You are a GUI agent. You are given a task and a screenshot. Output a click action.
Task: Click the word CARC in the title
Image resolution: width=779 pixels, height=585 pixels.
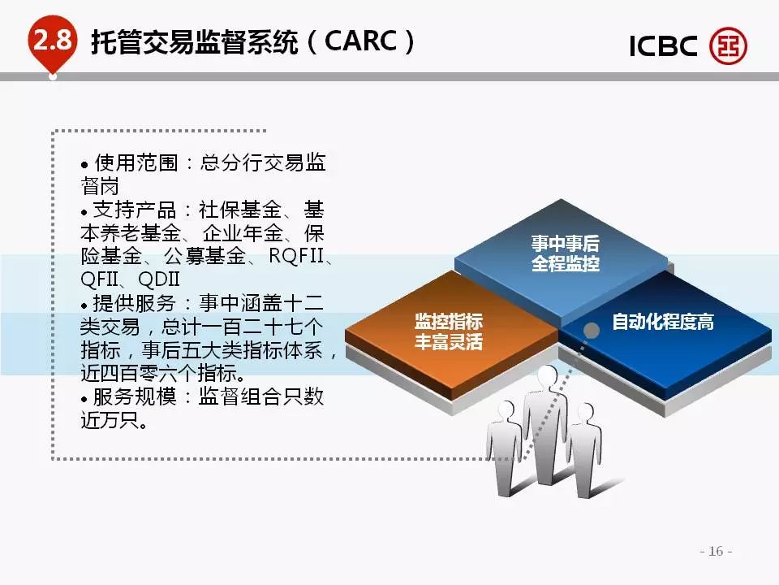point(360,41)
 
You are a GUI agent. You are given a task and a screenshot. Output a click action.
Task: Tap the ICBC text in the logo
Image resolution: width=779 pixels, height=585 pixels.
point(663,46)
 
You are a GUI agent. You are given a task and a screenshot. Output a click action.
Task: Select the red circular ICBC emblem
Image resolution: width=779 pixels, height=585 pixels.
point(728,45)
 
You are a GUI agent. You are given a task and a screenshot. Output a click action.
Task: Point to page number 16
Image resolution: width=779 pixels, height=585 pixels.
point(716,551)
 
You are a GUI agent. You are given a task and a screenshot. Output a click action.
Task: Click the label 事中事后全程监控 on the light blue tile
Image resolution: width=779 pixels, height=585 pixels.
point(566,253)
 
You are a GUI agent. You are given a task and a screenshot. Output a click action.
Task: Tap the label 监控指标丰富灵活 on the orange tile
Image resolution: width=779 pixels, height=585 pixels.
point(449,331)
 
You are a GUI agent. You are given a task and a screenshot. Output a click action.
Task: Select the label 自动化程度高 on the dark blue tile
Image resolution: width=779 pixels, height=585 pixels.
point(663,322)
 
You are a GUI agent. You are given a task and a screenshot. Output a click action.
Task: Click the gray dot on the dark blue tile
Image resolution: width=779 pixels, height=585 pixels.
point(591,331)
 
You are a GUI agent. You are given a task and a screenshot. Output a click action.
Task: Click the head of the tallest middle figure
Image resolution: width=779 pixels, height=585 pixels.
point(548,378)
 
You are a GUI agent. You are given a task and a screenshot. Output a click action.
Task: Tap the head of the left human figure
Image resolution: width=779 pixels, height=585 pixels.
point(506,411)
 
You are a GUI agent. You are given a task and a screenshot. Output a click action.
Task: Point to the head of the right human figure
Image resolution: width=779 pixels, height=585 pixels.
point(586,414)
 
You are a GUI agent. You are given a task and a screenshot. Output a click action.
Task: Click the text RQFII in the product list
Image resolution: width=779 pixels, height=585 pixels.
point(296,256)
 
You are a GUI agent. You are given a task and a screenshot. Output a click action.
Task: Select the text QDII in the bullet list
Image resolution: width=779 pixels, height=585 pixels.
point(159,279)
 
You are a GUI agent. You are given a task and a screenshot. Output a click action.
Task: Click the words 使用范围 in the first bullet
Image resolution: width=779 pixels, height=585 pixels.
point(136,162)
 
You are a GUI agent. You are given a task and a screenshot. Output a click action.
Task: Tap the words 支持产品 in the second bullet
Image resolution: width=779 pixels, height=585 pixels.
point(134,210)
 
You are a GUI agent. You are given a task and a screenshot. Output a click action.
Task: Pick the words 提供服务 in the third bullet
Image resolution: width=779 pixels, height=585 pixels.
point(134,303)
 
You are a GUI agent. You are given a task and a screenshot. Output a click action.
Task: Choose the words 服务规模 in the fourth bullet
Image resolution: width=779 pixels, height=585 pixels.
point(134,396)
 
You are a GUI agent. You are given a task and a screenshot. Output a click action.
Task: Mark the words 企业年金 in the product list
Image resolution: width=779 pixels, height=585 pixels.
point(243,233)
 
